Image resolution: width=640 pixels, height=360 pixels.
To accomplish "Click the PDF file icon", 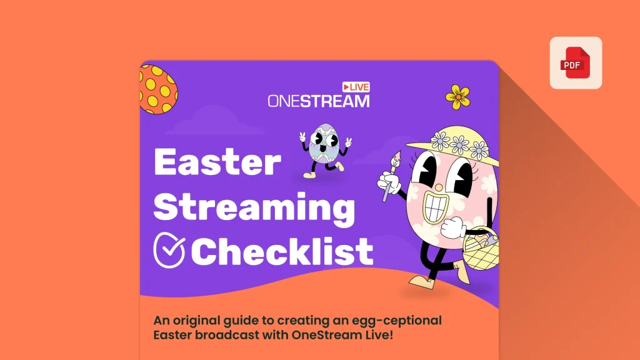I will (x=575, y=63).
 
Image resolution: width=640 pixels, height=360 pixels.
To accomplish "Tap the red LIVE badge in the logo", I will (x=356, y=87).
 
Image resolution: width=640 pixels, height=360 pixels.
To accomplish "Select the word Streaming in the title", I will (x=254, y=207).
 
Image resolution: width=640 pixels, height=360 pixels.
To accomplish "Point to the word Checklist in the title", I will (x=282, y=251).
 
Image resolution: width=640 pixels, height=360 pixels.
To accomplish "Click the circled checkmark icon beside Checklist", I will (x=169, y=250).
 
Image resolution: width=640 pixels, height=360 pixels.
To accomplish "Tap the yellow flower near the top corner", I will (x=457, y=96).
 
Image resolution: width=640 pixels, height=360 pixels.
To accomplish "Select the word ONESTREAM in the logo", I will (x=318, y=100).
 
